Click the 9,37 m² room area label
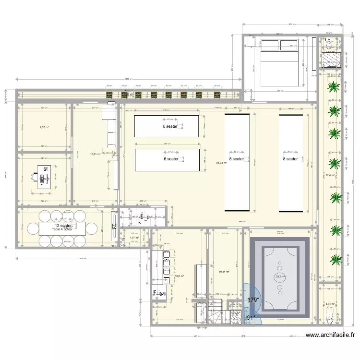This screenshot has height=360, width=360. point(44,128)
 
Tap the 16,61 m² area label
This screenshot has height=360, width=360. point(95,154)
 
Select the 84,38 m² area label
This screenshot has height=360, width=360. point(221,163)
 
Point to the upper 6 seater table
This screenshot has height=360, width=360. point(167,126)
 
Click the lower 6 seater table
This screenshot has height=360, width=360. point(167,160)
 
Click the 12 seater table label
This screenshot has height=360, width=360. point(63,226)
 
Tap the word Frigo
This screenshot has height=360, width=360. point(160,292)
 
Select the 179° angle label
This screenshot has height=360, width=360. point(253,300)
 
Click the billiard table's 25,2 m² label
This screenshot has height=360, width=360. point(280,276)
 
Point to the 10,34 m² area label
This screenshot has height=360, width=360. point(224,272)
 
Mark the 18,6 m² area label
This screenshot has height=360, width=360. point(179,276)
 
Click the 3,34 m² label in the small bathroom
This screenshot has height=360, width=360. point(331,304)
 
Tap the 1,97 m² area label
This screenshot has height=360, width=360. point(134,237)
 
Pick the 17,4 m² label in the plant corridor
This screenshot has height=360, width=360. point(330,176)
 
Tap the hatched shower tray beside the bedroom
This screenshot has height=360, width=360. point(331,60)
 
